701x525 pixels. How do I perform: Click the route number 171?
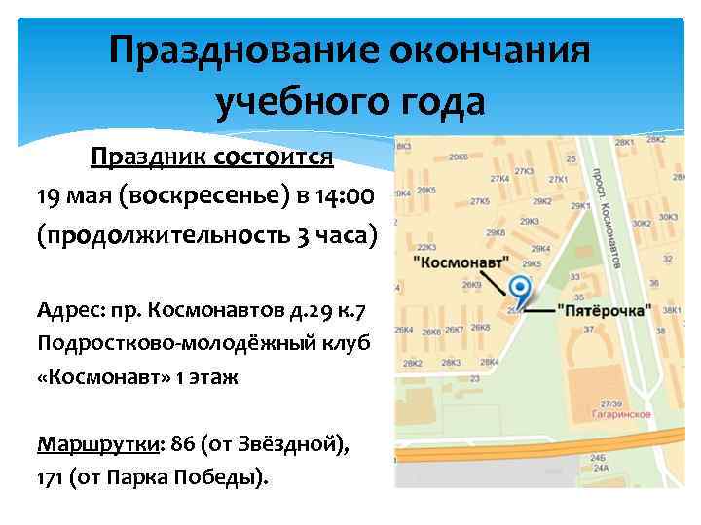50,479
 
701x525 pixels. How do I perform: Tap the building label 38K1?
670,311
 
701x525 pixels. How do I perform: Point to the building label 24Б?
597,458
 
